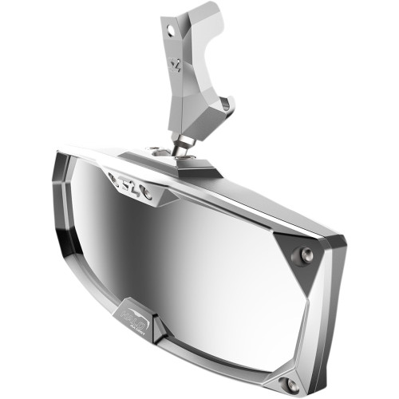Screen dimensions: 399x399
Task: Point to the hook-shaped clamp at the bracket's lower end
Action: pyautogui.click(x=224, y=106)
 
